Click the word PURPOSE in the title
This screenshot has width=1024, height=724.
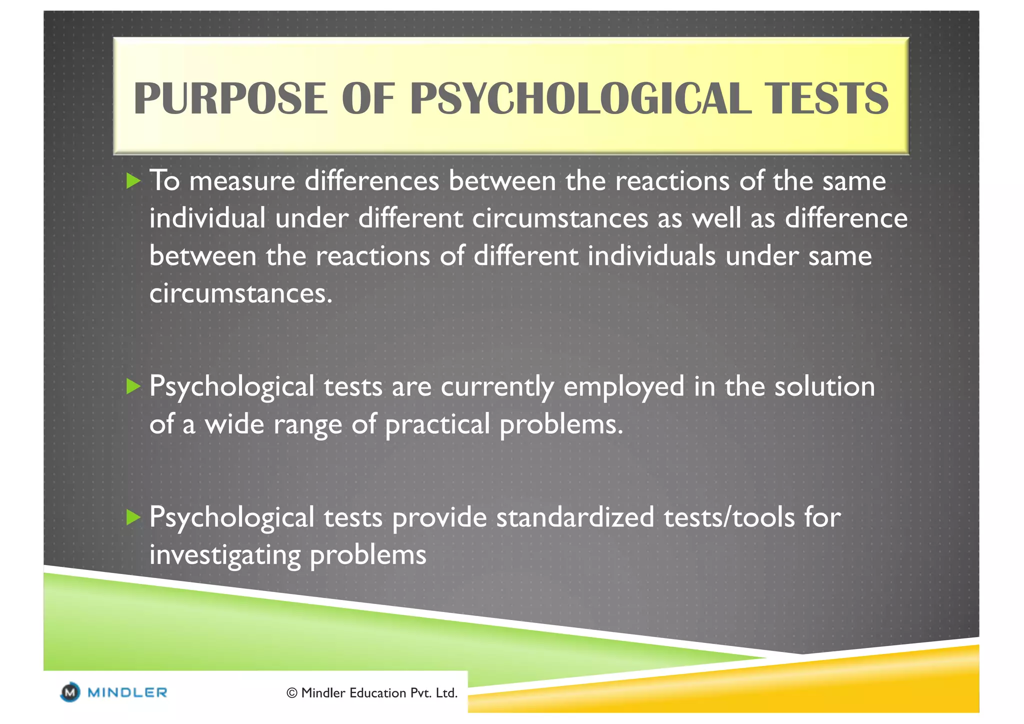click(x=230, y=98)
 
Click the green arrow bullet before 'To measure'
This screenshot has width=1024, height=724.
click(x=133, y=180)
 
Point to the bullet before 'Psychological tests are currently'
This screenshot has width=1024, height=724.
click(x=133, y=386)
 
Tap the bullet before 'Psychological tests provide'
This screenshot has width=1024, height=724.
click(x=133, y=517)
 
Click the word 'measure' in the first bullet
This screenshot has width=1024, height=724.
click(x=242, y=181)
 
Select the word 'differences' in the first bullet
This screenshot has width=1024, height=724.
click(x=371, y=181)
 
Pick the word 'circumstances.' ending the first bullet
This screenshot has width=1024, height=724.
click(x=240, y=293)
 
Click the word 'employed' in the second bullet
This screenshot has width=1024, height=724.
click(x=623, y=387)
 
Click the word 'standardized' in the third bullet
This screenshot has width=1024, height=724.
click(x=575, y=517)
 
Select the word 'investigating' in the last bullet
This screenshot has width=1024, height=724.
click(x=224, y=555)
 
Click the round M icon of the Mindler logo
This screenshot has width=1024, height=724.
click(x=70, y=692)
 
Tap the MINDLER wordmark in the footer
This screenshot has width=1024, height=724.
click(x=127, y=692)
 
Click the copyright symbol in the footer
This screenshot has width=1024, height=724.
click(x=292, y=693)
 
